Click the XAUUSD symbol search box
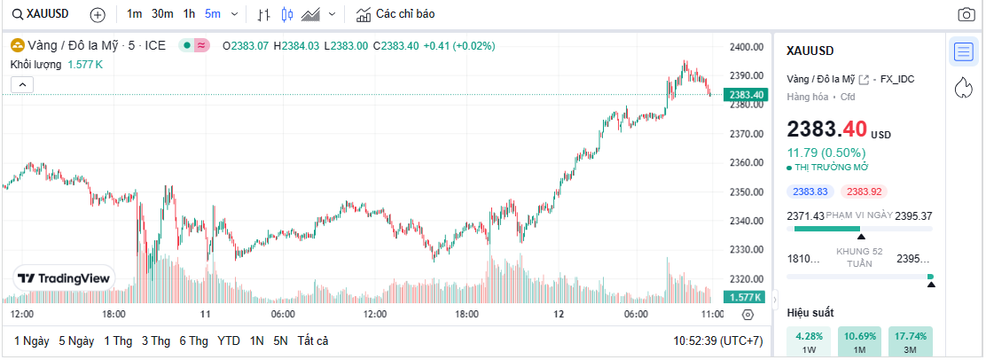point(43,14)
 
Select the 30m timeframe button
point(162,14)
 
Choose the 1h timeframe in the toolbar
point(189,14)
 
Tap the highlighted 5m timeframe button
point(213,14)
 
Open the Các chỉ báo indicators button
point(395,14)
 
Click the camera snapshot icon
point(966,14)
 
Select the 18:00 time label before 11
point(114,315)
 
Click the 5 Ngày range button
point(76,340)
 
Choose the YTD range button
point(228,340)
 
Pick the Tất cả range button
point(313,340)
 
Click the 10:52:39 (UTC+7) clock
point(718,340)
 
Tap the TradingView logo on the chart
point(66,278)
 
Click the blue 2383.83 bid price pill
point(810,192)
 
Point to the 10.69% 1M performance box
point(858,341)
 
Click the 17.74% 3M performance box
point(911,341)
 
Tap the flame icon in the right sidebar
point(963,87)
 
